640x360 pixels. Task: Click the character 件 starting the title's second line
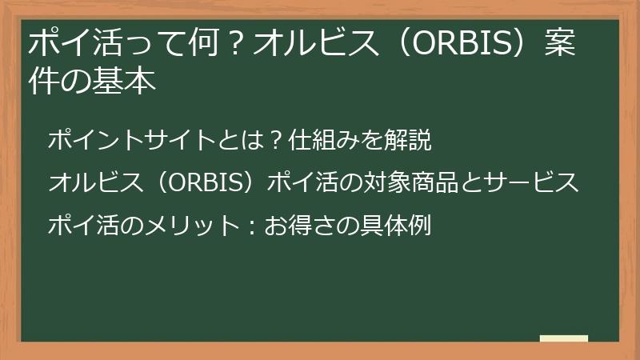(x=42, y=82)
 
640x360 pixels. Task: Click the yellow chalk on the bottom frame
(x=563, y=338)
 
